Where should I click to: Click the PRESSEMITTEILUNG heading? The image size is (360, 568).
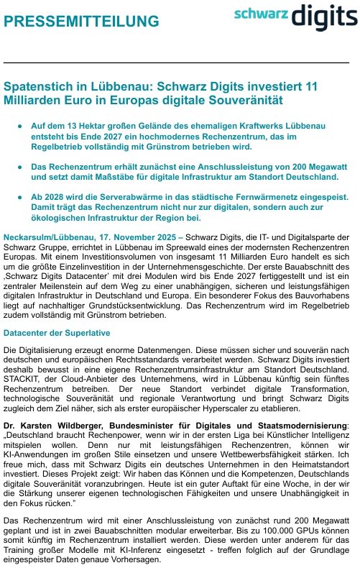[x=82, y=22]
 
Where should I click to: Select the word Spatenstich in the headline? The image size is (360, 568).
[x=42, y=86]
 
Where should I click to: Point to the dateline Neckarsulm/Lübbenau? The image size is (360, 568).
[x=45, y=237]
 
